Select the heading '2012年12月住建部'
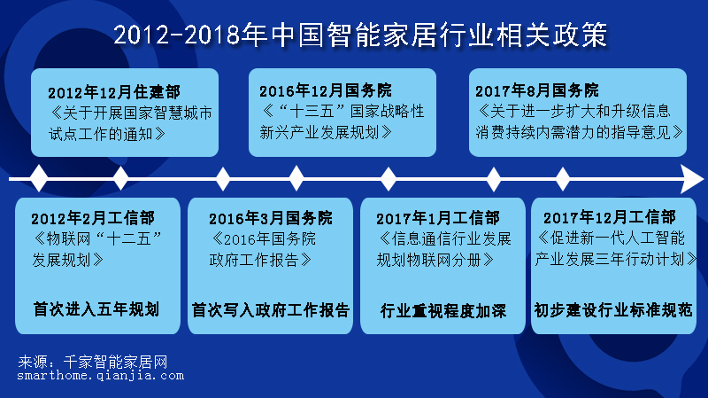coord(114,92)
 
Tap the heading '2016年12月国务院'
coord(325,91)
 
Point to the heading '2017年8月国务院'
coord(536,91)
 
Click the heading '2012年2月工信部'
coord(92,219)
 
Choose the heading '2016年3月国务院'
coord(270,219)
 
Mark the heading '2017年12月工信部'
coord(610,218)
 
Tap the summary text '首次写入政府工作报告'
coord(271,310)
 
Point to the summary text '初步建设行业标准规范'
coord(612,310)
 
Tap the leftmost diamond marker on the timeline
coord(39,179)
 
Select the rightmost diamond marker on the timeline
coord(563,179)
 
